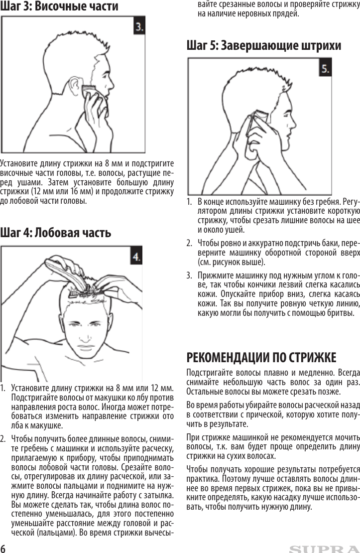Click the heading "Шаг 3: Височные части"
point(59,6)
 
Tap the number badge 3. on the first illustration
point(139,27)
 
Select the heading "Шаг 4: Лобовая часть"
point(55,233)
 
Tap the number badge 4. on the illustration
point(136,257)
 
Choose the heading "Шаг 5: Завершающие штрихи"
point(264,46)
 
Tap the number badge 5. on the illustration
point(325,68)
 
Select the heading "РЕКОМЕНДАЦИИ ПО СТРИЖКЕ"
point(261,358)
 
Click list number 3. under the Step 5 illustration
point(189,275)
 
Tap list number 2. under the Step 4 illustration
point(3,439)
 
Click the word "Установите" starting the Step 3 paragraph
point(18,163)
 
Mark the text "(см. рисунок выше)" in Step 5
point(232,262)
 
